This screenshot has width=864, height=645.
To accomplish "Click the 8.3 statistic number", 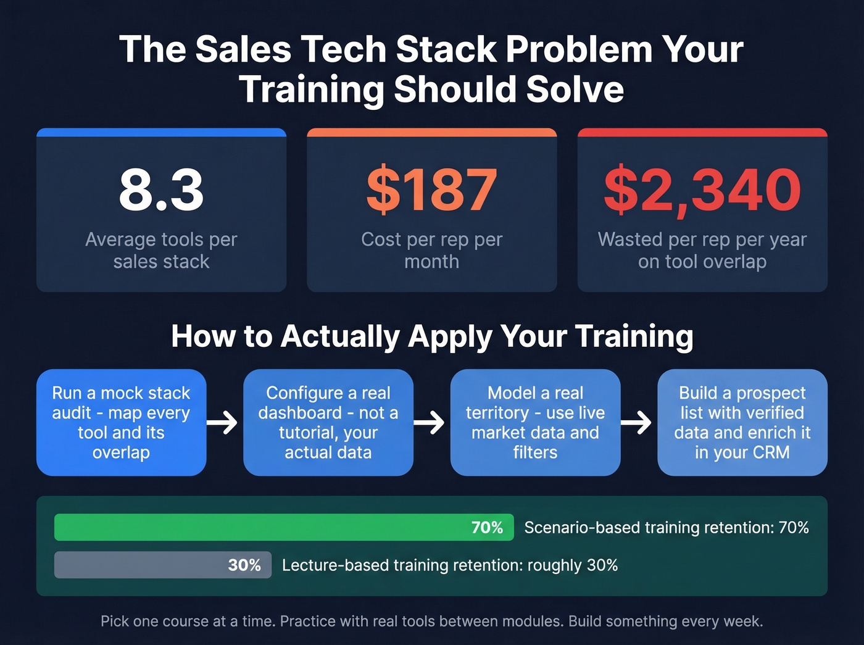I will (161, 189).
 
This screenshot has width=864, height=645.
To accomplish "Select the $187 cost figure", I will (431, 189).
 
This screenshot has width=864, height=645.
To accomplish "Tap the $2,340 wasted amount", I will (702, 189).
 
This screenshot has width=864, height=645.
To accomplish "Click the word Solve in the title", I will (571, 89).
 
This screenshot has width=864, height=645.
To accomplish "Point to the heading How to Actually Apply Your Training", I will (432, 336).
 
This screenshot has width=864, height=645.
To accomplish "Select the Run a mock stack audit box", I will (121, 422).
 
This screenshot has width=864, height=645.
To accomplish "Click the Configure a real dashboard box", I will (328, 422).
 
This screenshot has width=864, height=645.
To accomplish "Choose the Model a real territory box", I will (535, 422).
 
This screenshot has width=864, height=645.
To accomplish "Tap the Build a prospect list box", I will (742, 422).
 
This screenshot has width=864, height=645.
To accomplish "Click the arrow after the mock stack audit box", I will (223, 423).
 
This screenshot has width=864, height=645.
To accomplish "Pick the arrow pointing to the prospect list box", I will (637, 423).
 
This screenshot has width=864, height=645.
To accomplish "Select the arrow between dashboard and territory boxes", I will (430, 423).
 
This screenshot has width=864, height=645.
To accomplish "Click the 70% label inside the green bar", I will (487, 528).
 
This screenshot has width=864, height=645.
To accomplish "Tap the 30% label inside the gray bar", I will (244, 565).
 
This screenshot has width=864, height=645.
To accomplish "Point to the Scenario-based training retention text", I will (667, 528).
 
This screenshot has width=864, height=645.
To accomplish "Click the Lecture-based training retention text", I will (450, 565).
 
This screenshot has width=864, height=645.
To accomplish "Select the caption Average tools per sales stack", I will (161, 250).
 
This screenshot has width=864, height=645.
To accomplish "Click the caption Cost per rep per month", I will (431, 250).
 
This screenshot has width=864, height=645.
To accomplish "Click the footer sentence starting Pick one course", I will (432, 621).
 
